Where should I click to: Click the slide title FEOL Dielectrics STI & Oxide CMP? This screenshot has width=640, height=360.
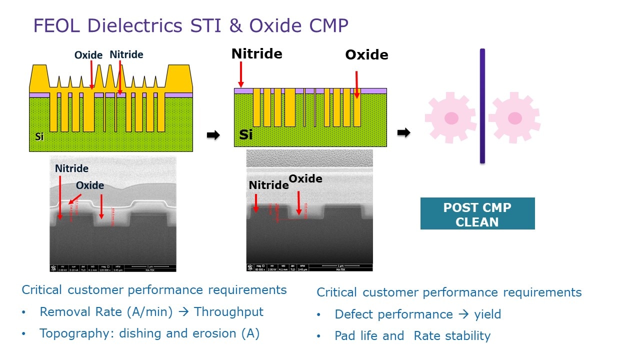(x=190, y=25)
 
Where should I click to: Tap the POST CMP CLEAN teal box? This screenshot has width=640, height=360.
(x=477, y=214)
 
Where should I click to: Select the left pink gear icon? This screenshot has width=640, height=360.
(x=450, y=118)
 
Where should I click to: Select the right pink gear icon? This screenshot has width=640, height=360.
(x=514, y=118)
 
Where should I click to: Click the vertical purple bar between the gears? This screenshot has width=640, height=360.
(x=482, y=106)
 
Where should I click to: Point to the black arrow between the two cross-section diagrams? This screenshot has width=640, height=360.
(x=213, y=135)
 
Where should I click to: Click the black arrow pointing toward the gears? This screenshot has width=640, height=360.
(x=403, y=132)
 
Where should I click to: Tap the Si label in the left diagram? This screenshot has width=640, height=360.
(x=39, y=136)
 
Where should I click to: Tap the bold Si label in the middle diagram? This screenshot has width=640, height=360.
(x=246, y=134)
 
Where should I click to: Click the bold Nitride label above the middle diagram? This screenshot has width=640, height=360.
(x=256, y=54)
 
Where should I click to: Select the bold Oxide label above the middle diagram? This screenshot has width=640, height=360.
(x=366, y=55)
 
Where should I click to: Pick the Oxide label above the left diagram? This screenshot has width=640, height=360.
(x=88, y=55)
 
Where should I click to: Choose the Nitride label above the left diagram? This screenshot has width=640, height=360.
(x=126, y=54)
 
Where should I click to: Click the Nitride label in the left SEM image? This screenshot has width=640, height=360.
(x=72, y=168)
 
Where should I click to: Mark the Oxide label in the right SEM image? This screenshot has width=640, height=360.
(x=305, y=178)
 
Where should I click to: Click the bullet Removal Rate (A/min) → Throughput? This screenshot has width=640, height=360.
(x=151, y=312)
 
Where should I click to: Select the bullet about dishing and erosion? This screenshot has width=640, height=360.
(x=149, y=334)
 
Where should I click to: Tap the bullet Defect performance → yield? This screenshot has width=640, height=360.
(x=417, y=314)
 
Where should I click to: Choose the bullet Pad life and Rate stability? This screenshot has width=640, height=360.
(x=412, y=336)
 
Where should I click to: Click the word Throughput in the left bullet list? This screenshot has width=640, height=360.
(x=228, y=312)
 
